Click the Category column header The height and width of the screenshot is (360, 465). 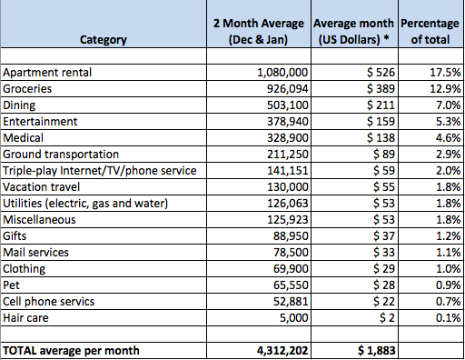[x=102, y=40]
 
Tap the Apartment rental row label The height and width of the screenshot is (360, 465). [x=47, y=71]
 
